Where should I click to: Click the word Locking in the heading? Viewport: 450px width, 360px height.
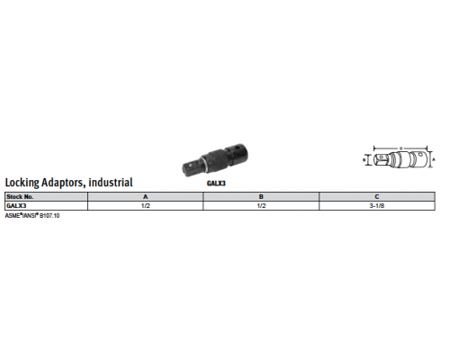pyautogui.click(x=22, y=183)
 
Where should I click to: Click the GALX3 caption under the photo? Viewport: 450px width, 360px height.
pyautogui.click(x=216, y=184)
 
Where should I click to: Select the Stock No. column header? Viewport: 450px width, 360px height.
pyautogui.click(x=20, y=197)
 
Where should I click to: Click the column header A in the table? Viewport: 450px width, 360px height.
pyautogui.click(x=146, y=197)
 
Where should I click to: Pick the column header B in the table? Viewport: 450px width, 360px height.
pyautogui.click(x=261, y=197)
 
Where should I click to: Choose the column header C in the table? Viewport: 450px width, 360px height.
pyautogui.click(x=377, y=197)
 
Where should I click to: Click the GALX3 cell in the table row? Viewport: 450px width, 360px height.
pyautogui.click(x=16, y=206)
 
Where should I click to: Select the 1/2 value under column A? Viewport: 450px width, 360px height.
pyautogui.click(x=146, y=206)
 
